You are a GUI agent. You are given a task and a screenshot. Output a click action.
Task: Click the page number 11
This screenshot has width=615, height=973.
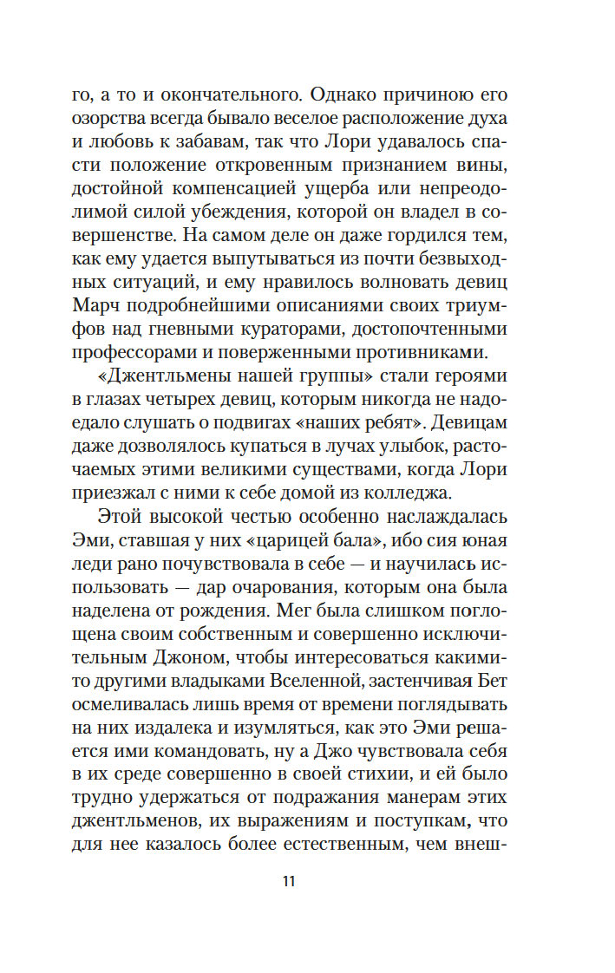tap(289, 883)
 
